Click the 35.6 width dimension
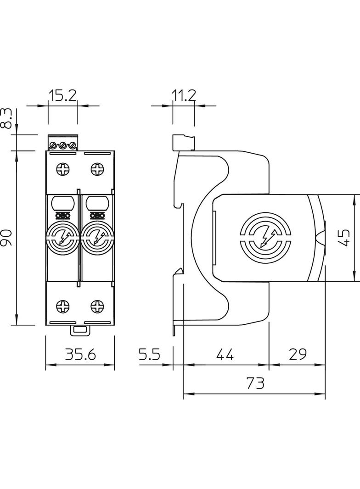(x=80, y=354)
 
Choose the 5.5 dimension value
(x=149, y=354)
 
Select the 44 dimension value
(x=225, y=354)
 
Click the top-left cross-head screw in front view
(x=63, y=169)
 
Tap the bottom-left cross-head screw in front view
(x=63, y=305)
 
